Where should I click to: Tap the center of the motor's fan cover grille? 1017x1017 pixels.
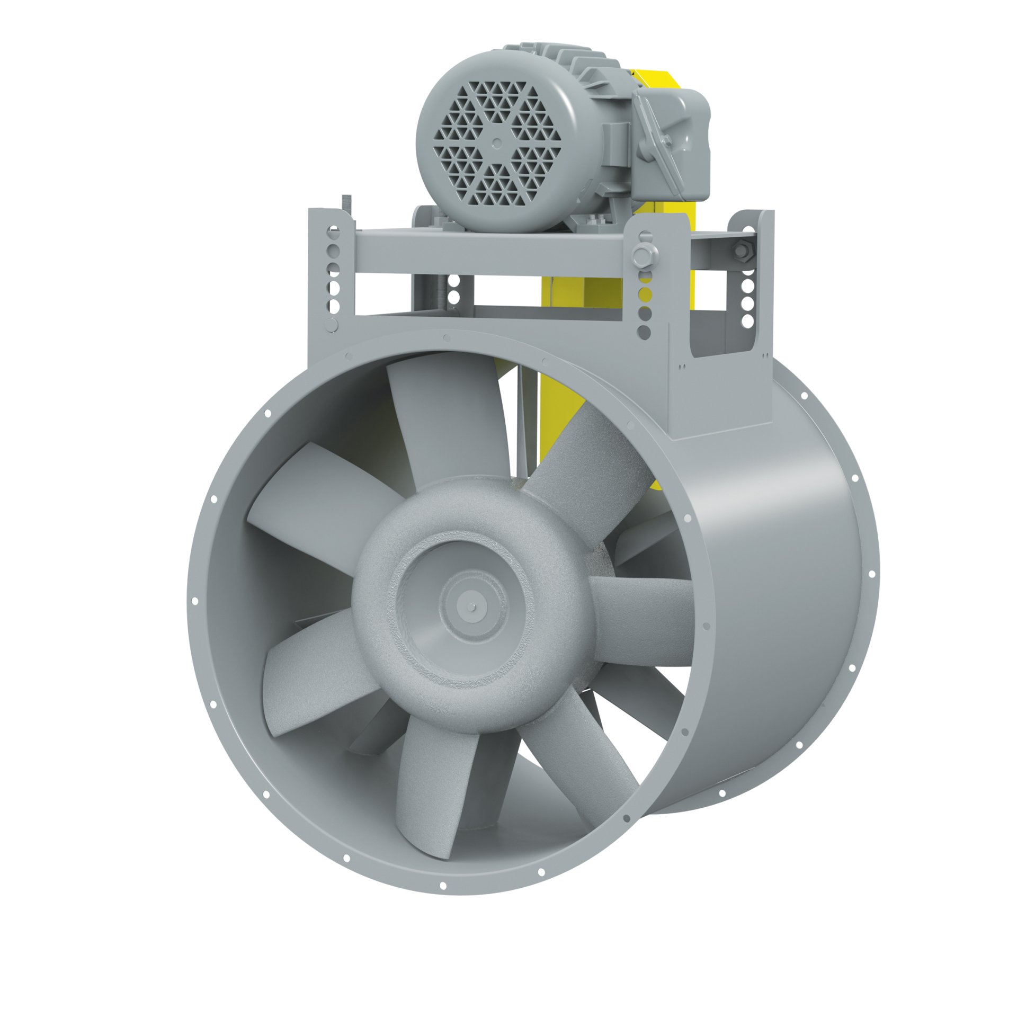(x=496, y=142)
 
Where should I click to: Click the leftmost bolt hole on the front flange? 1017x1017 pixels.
(x=194, y=601)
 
